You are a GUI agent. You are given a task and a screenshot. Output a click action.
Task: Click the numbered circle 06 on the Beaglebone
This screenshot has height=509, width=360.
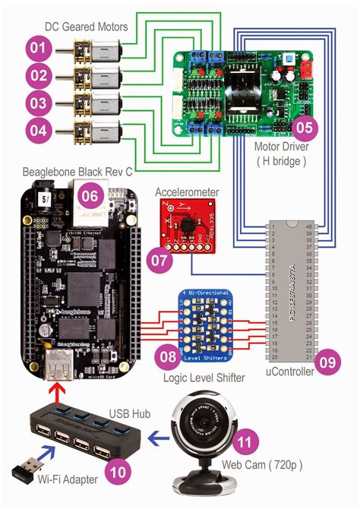[x=90, y=195]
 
